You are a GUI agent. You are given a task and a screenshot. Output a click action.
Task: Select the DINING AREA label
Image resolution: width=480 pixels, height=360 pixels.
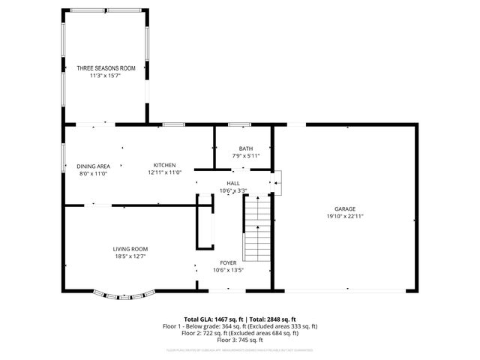tap(94, 166)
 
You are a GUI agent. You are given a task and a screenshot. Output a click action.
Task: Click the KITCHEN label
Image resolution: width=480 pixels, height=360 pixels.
tap(165, 165)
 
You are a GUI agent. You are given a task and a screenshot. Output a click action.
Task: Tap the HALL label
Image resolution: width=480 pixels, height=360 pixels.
tap(233, 182)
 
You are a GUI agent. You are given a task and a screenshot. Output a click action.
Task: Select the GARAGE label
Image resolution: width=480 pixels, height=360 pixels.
tap(345, 208)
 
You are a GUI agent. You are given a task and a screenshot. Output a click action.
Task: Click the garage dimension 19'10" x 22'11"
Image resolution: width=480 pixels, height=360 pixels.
tap(345, 216)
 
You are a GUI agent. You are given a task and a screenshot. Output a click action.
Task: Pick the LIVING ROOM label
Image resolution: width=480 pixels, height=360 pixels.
tap(130, 248)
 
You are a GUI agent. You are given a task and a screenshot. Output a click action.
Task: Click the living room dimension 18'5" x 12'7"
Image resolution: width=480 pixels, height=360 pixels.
tap(130, 256)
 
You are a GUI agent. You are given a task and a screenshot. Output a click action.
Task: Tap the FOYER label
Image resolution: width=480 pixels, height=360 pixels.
tap(228, 262)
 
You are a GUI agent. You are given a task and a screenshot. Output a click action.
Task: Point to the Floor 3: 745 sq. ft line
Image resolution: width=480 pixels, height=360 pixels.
tap(240, 340)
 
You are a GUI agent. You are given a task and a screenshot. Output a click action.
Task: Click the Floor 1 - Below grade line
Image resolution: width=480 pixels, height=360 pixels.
tap(240, 326)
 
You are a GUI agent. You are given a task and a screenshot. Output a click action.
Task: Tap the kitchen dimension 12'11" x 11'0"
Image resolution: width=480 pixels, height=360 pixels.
tap(165, 172)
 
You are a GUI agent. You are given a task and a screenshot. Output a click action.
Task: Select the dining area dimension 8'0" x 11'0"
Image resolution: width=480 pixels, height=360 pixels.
tap(94, 173)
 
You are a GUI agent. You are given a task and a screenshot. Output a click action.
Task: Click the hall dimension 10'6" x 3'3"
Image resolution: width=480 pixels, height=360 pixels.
tap(233, 190)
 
